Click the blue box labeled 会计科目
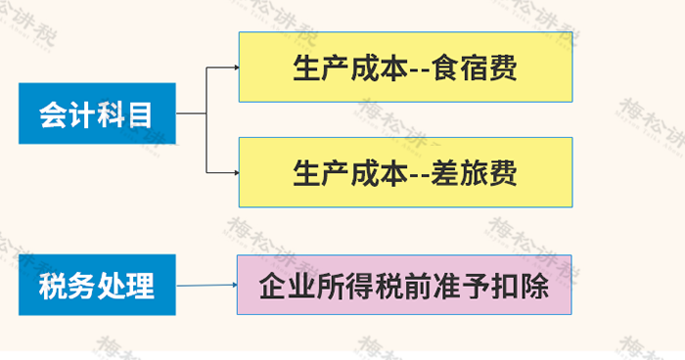(x=97, y=113)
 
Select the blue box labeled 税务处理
(x=97, y=285)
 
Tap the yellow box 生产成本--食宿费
(x=405, y=67)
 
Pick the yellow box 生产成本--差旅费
(x=405, y=172)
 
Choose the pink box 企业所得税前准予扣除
(x=404, y=285)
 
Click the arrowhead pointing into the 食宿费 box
(x=237, y=67)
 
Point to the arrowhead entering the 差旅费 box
(x=237, y=172)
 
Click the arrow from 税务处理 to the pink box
(x=206, y=286)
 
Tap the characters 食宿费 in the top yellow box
(x=475, y=67)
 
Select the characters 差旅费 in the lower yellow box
(x=475, y=173)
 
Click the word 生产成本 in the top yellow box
(x=350, y=67)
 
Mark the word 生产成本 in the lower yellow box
(x=350, y=173)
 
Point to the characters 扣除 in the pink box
(x=520, y=287)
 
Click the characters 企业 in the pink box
(x=288, y=287)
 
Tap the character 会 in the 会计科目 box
(x=53, y=114)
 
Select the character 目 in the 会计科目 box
(x=141, y=114)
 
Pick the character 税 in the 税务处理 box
(x=53, y=287)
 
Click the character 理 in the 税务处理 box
(x=140, y=287)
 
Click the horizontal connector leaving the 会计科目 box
(x=191, y=113)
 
